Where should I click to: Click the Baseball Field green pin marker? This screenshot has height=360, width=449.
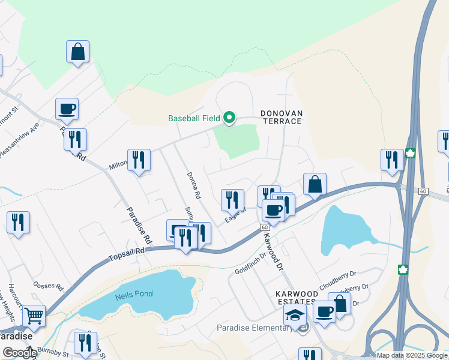[229, 117]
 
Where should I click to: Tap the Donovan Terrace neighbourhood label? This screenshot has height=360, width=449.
[281, 117]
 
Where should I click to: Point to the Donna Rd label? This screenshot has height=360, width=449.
[193, 185]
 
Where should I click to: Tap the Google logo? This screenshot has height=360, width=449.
[19, 353]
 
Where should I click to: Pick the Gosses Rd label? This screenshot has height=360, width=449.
[49, 286]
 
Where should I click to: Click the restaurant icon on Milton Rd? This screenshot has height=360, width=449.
[139, 160]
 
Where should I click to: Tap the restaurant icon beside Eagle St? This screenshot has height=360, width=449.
[232, 200]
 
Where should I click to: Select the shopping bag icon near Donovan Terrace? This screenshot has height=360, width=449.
[315, 184]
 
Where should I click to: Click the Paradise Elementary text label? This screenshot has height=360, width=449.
[255, 328]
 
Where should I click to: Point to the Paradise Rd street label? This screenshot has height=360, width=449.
[137, 225]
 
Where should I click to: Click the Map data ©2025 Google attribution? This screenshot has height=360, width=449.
[412, 355]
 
